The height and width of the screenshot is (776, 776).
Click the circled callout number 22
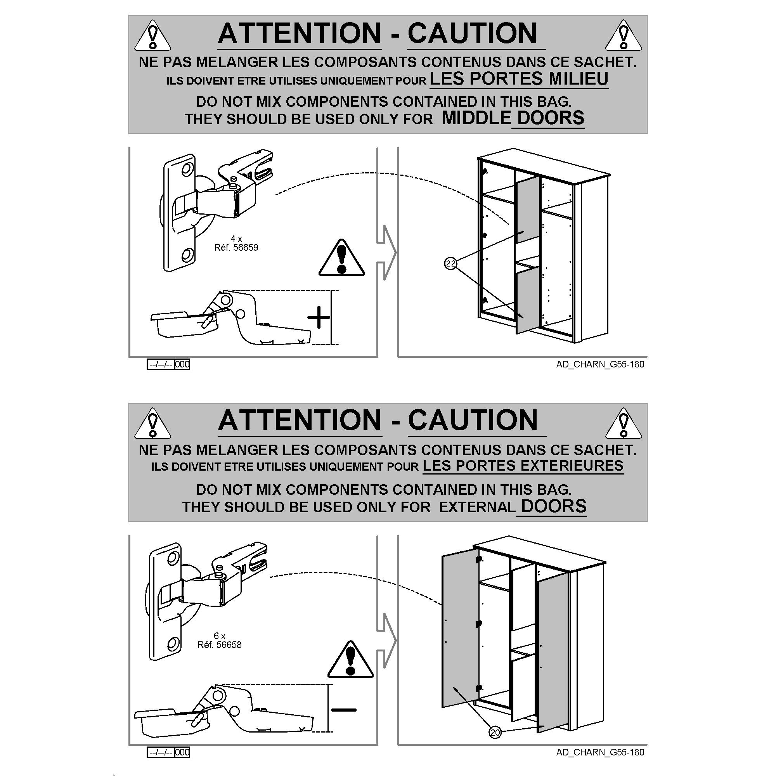pyautogui.click(x=450, y=263)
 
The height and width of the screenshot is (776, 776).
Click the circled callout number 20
pyautogui.click(x=495, y=733)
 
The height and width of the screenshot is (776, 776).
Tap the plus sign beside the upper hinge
pyautogui.click(x=319, y=317)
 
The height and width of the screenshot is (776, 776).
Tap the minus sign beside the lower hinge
pyautogui.click(x=344, y=710)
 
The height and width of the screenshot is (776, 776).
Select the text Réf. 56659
pyautogui.click(x=236, y=248)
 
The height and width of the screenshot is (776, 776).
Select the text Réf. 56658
pyautogui.click(x=219, y=644)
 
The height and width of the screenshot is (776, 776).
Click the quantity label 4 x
pyautogui.click(x=236, y=239)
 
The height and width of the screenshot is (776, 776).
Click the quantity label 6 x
pyautogui.click(x=219, y=636)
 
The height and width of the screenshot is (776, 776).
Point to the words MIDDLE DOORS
pyautogui.click(x=513, y=118)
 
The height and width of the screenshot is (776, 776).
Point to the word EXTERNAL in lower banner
pyautogui.click(x=477, y=507)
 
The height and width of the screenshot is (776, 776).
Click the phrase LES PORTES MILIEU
pyautogui.click(x=519, y=78)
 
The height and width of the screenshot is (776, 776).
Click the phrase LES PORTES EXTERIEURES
pyautogui.click(x=523, y=466)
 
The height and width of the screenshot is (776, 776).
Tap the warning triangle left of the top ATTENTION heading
pyautogui.click(x=152, y=36)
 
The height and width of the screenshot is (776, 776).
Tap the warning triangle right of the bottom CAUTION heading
pyautogui.click(x=624, y=423)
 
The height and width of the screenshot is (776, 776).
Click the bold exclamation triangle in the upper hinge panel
pyautogui.click(x=341, y=258)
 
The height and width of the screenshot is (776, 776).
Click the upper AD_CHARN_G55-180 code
pyautogui.click(x=600, y=364)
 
